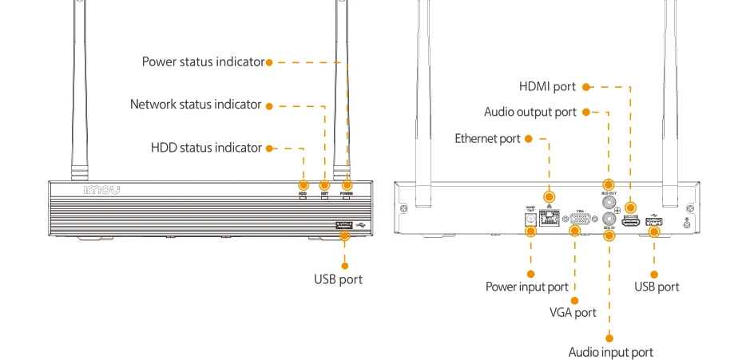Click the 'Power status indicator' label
click(203, 61)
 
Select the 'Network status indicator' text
click(196, 105)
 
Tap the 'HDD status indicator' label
click(206, 148)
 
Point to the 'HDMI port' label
click(547, 86)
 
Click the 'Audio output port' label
click(530, 112)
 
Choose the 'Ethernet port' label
click(487, 138)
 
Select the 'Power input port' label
click(527, 287)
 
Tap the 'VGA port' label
click(573, 312)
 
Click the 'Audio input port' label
click(610, 352)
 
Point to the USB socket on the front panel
click(345, 228)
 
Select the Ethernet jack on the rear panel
click(550, 216)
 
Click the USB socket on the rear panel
click(655, 223)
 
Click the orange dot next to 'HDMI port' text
click(585, 86)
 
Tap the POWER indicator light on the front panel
click(347, 197)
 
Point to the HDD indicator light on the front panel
click(303, 197)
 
